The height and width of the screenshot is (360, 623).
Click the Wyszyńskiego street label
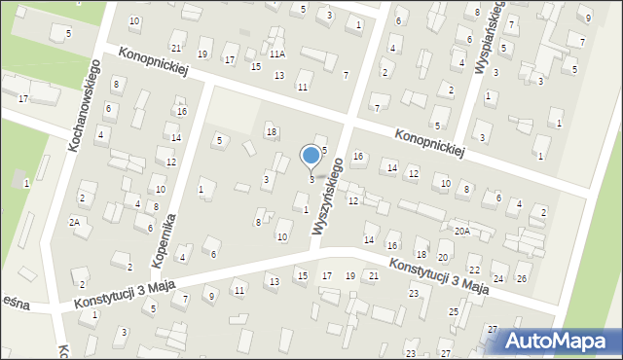(327, 197)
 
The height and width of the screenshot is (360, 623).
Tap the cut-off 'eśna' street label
(16, 305)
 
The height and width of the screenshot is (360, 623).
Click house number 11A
(277, 54)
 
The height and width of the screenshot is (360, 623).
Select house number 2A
(74, 222)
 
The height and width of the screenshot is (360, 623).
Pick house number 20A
(461, 232)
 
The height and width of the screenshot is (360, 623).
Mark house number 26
(522, 278)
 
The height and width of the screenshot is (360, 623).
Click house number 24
(497, 278)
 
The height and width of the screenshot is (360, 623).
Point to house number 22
(474, 270)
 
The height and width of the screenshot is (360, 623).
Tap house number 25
(454, 311)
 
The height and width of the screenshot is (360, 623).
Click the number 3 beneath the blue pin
(311, 179)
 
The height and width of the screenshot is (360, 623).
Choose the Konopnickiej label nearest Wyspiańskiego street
(429, 143)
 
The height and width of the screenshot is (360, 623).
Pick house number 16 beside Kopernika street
(181, 111)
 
